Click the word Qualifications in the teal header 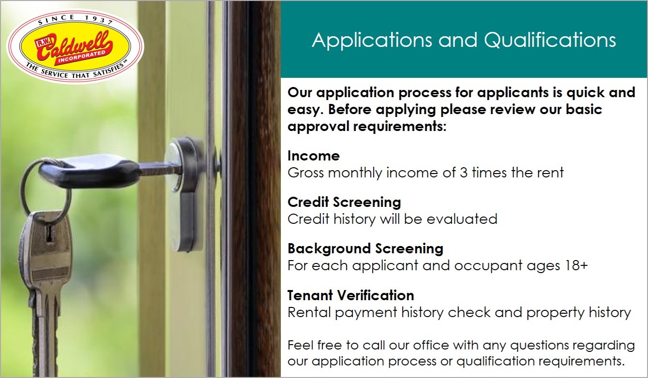pyautogui.click(x=550, y=40)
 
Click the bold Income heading pyautogui.click(x=313, y=156)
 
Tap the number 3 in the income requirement pyautogui.click(x=463, y=172)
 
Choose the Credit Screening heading pyautogui.click(x=344, y=202)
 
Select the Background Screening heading pyautogui.click(x=365, y=249)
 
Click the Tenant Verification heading pyautogui.click(x=351, y=295)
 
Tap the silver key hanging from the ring pyautogui.click(x=46, y=271)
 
